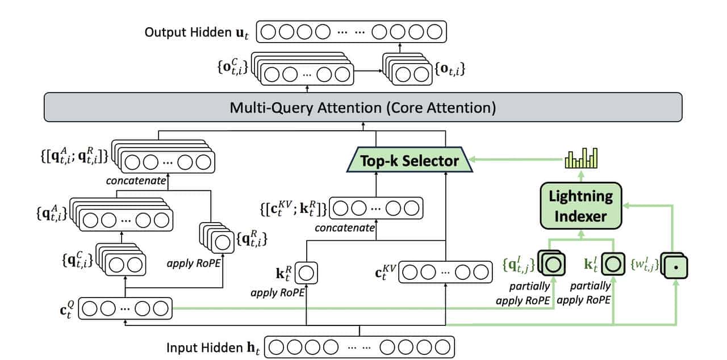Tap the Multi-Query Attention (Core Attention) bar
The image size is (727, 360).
tap(363, 107)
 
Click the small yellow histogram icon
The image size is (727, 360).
tap(581, 158)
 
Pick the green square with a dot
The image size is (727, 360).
tap(676, 266)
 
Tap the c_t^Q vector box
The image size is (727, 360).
tap(124, 309)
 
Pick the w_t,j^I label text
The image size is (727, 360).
tap(645, 265)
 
